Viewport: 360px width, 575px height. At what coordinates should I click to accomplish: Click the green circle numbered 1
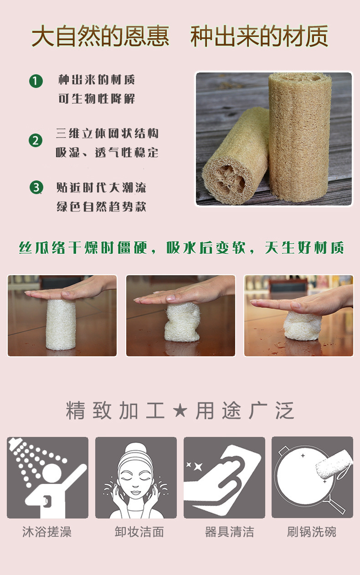pyautogui.click(x=36, y=82)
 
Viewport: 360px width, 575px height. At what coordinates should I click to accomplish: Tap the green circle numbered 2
pyautogui.click(x=36, y=140)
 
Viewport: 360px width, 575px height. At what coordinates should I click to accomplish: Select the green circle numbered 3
pyautogui.click(x=36, y=187)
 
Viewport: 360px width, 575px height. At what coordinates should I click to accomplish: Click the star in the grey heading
pyautogui.click(x=180, y=411)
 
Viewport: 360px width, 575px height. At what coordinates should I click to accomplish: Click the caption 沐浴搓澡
pyautogui.click(x=47, y=532)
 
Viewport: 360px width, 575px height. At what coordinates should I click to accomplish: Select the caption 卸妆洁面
pyautogui.click(x=139, y=532)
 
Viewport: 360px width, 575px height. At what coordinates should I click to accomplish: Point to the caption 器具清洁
pyautogui.click(x=229, y=532)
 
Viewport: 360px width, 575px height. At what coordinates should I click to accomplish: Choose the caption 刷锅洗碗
pyautogui.click(x=312, y=532)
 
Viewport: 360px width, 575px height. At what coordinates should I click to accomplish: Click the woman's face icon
pyautogui.click(x=136, y=477)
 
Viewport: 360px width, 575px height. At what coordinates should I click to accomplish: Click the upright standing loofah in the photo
pyautogui.click(x=299, y=137)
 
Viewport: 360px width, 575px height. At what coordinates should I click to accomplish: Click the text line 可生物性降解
pyautogui.click(x=97, y=99)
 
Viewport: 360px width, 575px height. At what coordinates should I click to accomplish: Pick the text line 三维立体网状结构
pyautogui.click(x=108, y=134)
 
